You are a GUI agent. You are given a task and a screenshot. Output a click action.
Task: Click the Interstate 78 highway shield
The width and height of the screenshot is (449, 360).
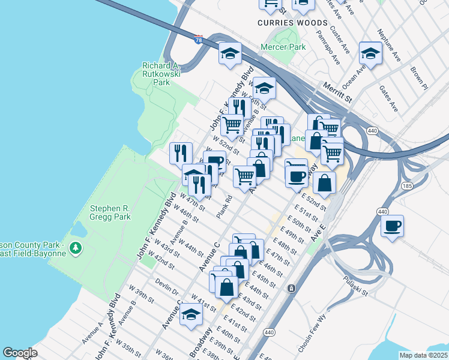click(x=199, y=40)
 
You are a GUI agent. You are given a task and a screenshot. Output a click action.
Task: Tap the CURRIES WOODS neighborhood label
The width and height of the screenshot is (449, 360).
click(x=292, y=23)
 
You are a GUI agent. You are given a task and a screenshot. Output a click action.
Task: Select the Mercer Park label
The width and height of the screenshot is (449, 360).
click(x=283, y=47)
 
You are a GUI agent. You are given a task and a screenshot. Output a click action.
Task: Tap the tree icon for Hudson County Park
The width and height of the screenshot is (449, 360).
click(x=75, y=247)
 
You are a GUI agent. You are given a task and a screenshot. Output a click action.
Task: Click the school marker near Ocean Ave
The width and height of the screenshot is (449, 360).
click(x=370, y=54)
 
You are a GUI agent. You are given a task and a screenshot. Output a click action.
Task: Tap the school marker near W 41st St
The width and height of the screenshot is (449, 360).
click(x=191, y=314)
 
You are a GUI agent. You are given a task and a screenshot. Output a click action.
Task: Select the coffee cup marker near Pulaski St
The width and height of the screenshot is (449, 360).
click(x=392, y=227)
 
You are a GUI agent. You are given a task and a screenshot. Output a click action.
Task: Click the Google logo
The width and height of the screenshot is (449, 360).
click(x=20, y=353)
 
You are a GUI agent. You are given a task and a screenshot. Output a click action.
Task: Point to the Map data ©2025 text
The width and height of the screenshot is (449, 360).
click(x=423, y=355)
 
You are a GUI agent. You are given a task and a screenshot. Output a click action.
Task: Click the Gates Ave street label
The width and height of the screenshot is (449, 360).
click(x=388, y=98)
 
